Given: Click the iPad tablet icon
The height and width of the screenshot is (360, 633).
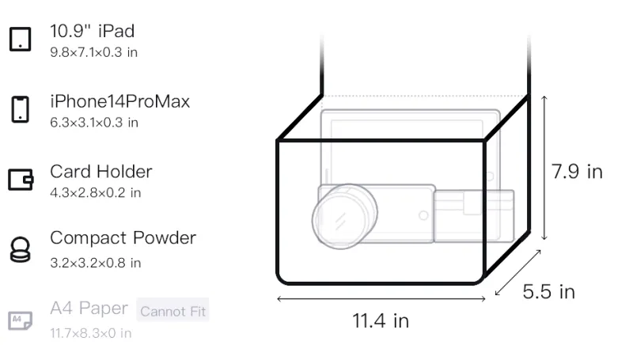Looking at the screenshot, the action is (x=21, y=39).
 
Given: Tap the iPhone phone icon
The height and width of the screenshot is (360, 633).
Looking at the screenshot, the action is (x=21, y=109).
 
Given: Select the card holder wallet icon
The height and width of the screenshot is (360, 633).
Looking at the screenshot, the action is (x=21, y=179).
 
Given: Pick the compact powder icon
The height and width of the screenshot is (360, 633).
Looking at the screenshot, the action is (x=21, y=250).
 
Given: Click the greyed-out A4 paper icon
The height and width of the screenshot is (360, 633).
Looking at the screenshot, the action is (x=21, y=320).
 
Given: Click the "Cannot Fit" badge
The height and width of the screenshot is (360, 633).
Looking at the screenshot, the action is (x=172, y=311).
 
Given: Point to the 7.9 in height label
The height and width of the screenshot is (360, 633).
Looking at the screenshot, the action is (x=577, y=172).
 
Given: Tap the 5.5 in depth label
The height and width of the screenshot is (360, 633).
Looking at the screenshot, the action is (x=548, y=291).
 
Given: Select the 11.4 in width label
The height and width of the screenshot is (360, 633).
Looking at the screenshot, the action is (x=381, y=321).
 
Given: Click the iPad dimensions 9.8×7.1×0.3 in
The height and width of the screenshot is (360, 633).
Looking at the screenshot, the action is (x=93, y=52).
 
